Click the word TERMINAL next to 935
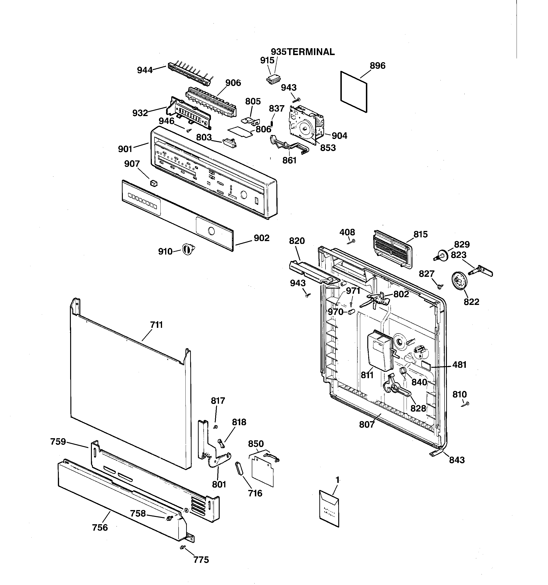point(311,52)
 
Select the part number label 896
point(377,66)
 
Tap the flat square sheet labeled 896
point(354,91)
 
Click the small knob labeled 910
point(188,250)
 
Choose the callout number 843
point(457,460)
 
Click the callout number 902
point(261,238)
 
